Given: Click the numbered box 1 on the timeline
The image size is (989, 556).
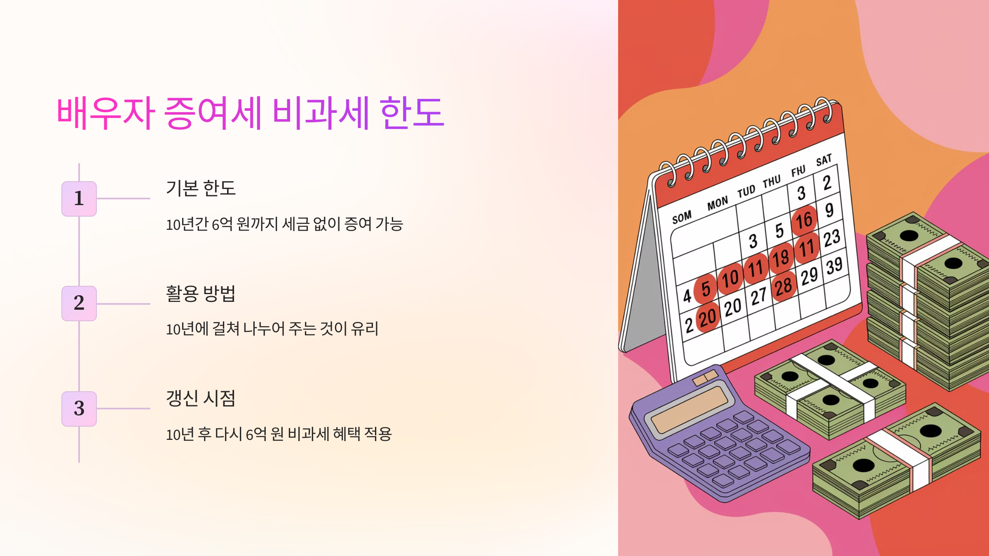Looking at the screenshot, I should (79, 199).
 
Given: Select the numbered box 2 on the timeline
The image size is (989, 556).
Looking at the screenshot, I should (79, 303).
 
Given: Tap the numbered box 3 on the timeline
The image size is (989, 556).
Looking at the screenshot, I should (79, 409).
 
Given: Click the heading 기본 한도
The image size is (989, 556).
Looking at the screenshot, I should (201, 188).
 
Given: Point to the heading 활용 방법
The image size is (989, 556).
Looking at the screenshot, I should (201, 293).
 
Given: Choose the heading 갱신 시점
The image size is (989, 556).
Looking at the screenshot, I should (201, 398).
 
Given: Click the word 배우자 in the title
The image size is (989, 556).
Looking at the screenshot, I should (105, 113).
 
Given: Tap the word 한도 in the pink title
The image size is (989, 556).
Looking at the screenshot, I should (412, 113).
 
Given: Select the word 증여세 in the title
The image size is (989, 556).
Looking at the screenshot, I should (213, 113).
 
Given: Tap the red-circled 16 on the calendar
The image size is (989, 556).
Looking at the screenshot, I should (804, 220).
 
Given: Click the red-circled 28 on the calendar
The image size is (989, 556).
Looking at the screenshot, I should (783, 286).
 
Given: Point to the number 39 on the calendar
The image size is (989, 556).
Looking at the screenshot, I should (834, 266).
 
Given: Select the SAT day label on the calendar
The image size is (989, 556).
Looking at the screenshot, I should (824, 160).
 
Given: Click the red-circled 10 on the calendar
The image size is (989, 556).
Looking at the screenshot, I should (730, 278).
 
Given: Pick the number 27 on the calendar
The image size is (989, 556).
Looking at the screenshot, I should (758, 297).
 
